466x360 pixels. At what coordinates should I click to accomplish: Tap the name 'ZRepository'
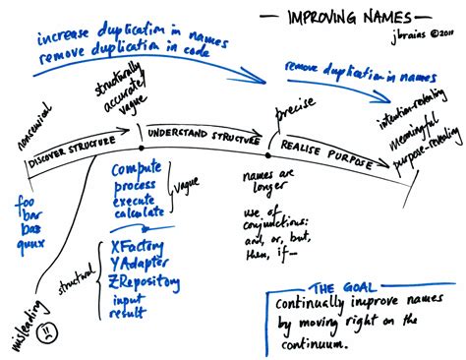(x=146, y=282)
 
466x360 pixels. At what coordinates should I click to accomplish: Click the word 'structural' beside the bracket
(x=89, y=273)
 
